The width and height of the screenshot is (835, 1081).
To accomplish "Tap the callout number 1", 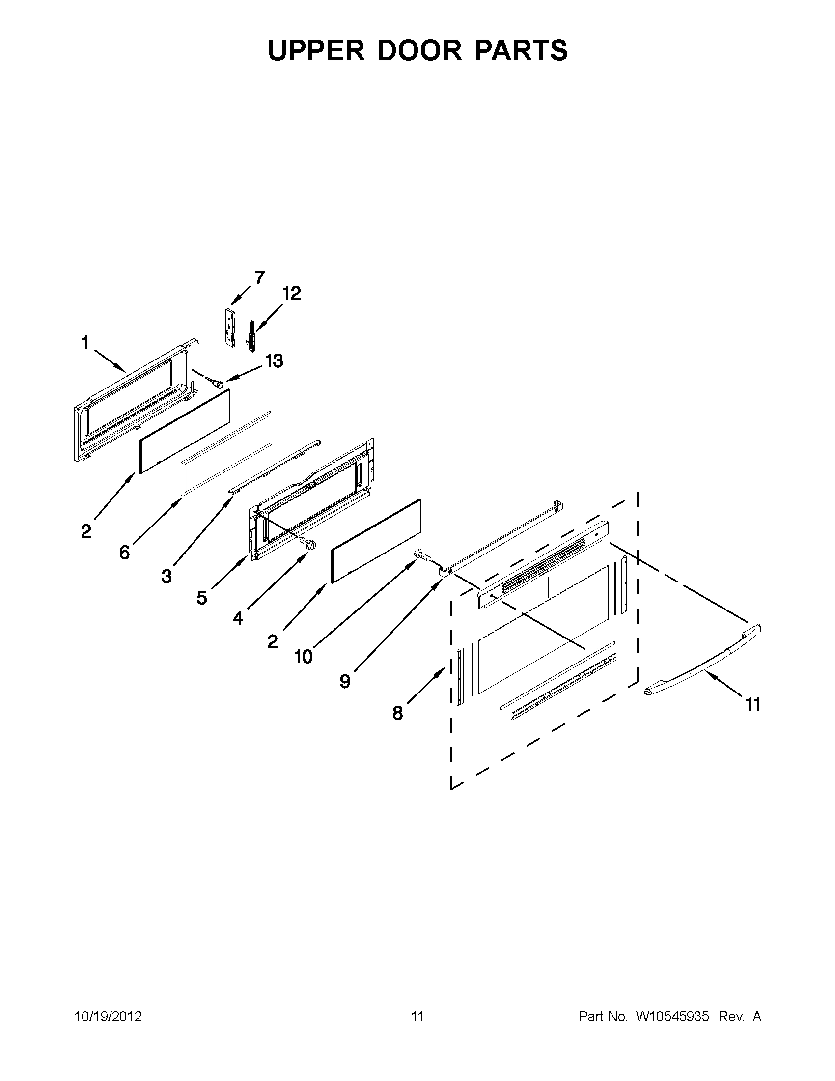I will (84, 342).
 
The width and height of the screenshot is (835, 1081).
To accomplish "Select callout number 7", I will (259, 277).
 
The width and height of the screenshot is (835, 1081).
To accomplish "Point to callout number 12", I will (292, 294).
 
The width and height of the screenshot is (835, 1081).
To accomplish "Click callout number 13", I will (274, 361).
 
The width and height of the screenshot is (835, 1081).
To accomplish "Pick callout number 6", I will (124, 552).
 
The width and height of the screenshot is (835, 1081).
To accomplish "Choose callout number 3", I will (167, 576).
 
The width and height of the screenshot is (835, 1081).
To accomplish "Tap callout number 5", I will (201, 598).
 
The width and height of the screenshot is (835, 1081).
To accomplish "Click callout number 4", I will (238, 618).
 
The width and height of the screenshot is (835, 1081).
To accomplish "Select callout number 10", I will (303, 657).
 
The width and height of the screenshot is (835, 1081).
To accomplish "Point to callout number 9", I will (345, 681).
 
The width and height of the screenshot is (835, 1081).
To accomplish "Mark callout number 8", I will (397, 713).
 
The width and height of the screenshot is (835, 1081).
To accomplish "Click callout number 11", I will (753, 704).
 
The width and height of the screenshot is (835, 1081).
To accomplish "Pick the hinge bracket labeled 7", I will (229, 328).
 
